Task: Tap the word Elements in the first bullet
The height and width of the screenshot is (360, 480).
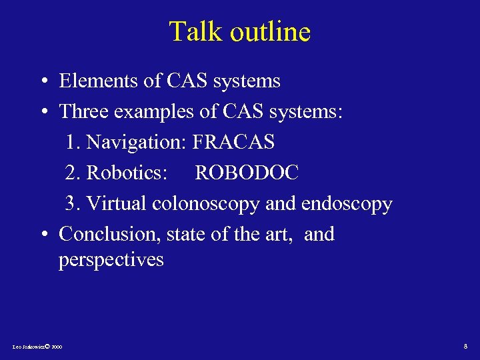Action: point(100,81)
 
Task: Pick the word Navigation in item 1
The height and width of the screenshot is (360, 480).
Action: point(137,142)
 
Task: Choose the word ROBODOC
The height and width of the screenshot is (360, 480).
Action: point(247,173)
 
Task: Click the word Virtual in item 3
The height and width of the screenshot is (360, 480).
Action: point(117,203)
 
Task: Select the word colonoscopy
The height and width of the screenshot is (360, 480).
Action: point(205,204)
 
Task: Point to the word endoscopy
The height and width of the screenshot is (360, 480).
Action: point(347,204)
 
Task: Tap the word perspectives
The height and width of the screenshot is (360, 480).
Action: point(111,260)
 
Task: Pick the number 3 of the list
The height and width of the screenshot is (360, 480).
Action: point(69,203)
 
